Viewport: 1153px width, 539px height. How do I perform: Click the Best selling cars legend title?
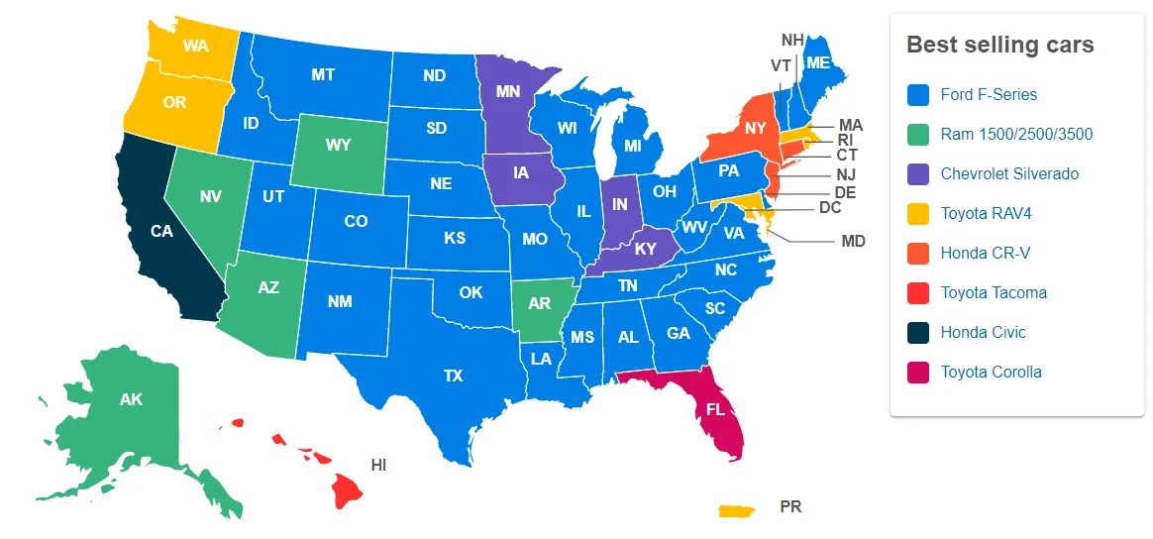[x=1000, y=45]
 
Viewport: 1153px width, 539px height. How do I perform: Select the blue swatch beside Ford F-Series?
[x=918, y=95]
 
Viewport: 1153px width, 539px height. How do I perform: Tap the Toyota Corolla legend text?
[x=991, y=373]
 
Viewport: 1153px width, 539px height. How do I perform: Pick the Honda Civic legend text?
[x=983, y=333]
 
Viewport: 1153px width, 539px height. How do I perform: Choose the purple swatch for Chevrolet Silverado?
[x=918, y=174]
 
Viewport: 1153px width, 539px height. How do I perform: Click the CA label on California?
[x=162, y=232]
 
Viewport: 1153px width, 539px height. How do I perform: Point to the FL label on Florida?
[x=715, y=407]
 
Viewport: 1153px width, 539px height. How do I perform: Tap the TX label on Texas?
[x=453, y=377]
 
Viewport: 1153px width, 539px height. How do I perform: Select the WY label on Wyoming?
[x=339, y=146]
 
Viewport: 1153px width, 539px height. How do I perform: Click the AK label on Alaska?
[x=131, y=400]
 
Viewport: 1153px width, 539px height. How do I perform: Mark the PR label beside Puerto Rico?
[x=790, y=506]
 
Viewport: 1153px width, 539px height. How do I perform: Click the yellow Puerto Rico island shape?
[x=736, y=510]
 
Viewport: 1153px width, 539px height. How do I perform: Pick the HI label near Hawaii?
[x=378, y=464]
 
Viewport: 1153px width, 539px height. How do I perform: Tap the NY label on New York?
[x=756, y=129]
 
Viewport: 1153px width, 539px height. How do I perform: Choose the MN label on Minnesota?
[x=508, y=92]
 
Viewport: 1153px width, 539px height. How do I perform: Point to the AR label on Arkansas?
[x=539, y=304]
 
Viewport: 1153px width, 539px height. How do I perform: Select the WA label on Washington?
[x=194, y=46]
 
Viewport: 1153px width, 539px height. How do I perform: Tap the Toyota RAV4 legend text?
[x=987, y=214]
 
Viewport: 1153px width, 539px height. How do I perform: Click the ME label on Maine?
[x=817, y=62]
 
